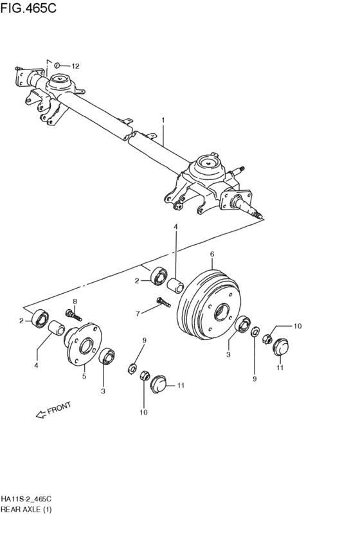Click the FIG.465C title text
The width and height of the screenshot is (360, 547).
click(28, 8)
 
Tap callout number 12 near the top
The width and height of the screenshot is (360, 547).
click(75, 66)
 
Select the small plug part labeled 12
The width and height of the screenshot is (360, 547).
click(57, 65)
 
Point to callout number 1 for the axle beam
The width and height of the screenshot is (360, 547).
click(163, 120)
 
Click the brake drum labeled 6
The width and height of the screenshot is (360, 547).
click(208, 305)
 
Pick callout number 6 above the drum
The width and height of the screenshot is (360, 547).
click(212, 255)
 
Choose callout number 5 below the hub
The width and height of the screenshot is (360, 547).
click(84, 376)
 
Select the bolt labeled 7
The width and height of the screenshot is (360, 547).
click(163, 301)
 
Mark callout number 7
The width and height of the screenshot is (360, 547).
click(138, 314)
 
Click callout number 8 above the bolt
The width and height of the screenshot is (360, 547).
click(75, 301)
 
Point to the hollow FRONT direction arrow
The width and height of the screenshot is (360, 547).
click(41, 415)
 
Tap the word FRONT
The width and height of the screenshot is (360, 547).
click(59, 408)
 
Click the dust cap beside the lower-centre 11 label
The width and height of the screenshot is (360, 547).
click(158, 384)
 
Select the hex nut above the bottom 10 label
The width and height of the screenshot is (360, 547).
click(145, 376)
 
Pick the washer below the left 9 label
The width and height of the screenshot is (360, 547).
click(132, 368)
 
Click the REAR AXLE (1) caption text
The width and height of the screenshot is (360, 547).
click(26, 510)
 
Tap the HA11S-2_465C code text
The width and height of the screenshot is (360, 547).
click(26, 498)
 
